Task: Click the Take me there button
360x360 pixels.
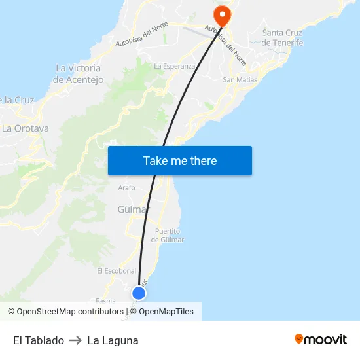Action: click(x=179, y=160)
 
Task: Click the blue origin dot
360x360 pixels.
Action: click(x=139, y=293)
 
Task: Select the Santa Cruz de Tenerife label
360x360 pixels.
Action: click(x=282, y=38)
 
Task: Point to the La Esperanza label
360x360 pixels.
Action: click(x=174, y=66)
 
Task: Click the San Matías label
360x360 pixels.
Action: click(x=240, y=79)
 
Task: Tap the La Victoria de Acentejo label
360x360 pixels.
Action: click(x=78, y=73)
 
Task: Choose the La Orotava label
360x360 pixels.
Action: click(x=26, y=128)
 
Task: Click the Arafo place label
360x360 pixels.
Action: click(x=126, y=188)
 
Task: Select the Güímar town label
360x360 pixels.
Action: click(x=133, y=209)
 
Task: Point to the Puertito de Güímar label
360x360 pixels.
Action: click(x=168, y=235)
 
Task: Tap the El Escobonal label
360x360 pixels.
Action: click(x=116, y=270)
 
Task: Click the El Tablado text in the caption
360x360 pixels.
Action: click(x=39, y=340)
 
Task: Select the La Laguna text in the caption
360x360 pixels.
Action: click(x=113, y=340)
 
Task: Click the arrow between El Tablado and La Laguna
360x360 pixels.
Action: click(x=75, y=340)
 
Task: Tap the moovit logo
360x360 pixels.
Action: click(x=320, y=339)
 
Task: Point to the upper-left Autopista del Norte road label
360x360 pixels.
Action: click(x=141, y=34)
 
